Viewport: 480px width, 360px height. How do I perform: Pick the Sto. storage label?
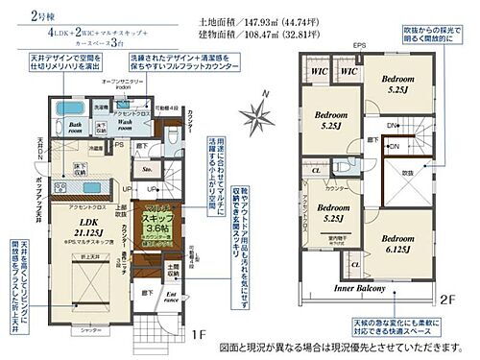(x=150, y=168)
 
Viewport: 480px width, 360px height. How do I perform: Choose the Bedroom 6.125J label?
(x=396, y=243)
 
